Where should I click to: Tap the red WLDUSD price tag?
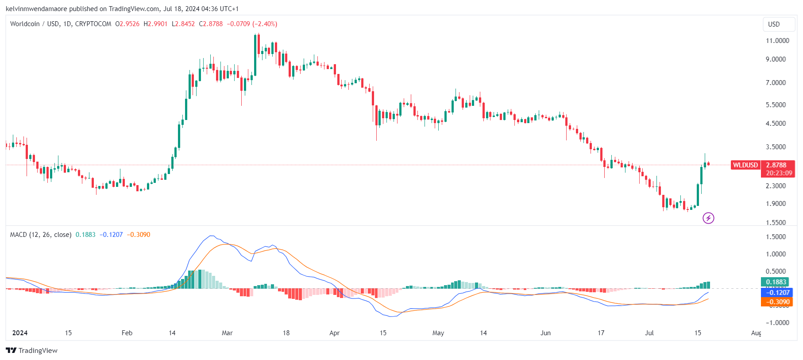click(745, 165)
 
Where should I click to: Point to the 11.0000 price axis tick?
click(777, 41)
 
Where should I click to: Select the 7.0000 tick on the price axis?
click(776, 83)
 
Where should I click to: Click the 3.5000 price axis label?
click(776, 147)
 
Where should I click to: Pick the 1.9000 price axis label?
click(776, 204)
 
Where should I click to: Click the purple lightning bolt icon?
click(708, 218)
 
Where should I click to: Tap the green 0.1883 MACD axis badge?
click(776, 282)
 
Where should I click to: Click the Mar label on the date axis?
click(227, 333)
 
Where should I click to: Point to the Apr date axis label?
click(335, 333)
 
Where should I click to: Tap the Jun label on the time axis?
click(545, 333)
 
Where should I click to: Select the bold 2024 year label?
click(20, 333)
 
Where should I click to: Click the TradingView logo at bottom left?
click(32, 351)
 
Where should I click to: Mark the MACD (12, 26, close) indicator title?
click(41, 235)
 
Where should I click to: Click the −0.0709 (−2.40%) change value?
click(252, 24)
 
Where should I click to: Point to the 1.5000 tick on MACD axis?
click(776, 237)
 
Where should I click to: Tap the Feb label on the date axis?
click(127, 333)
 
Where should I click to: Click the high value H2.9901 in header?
click(155, 24)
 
